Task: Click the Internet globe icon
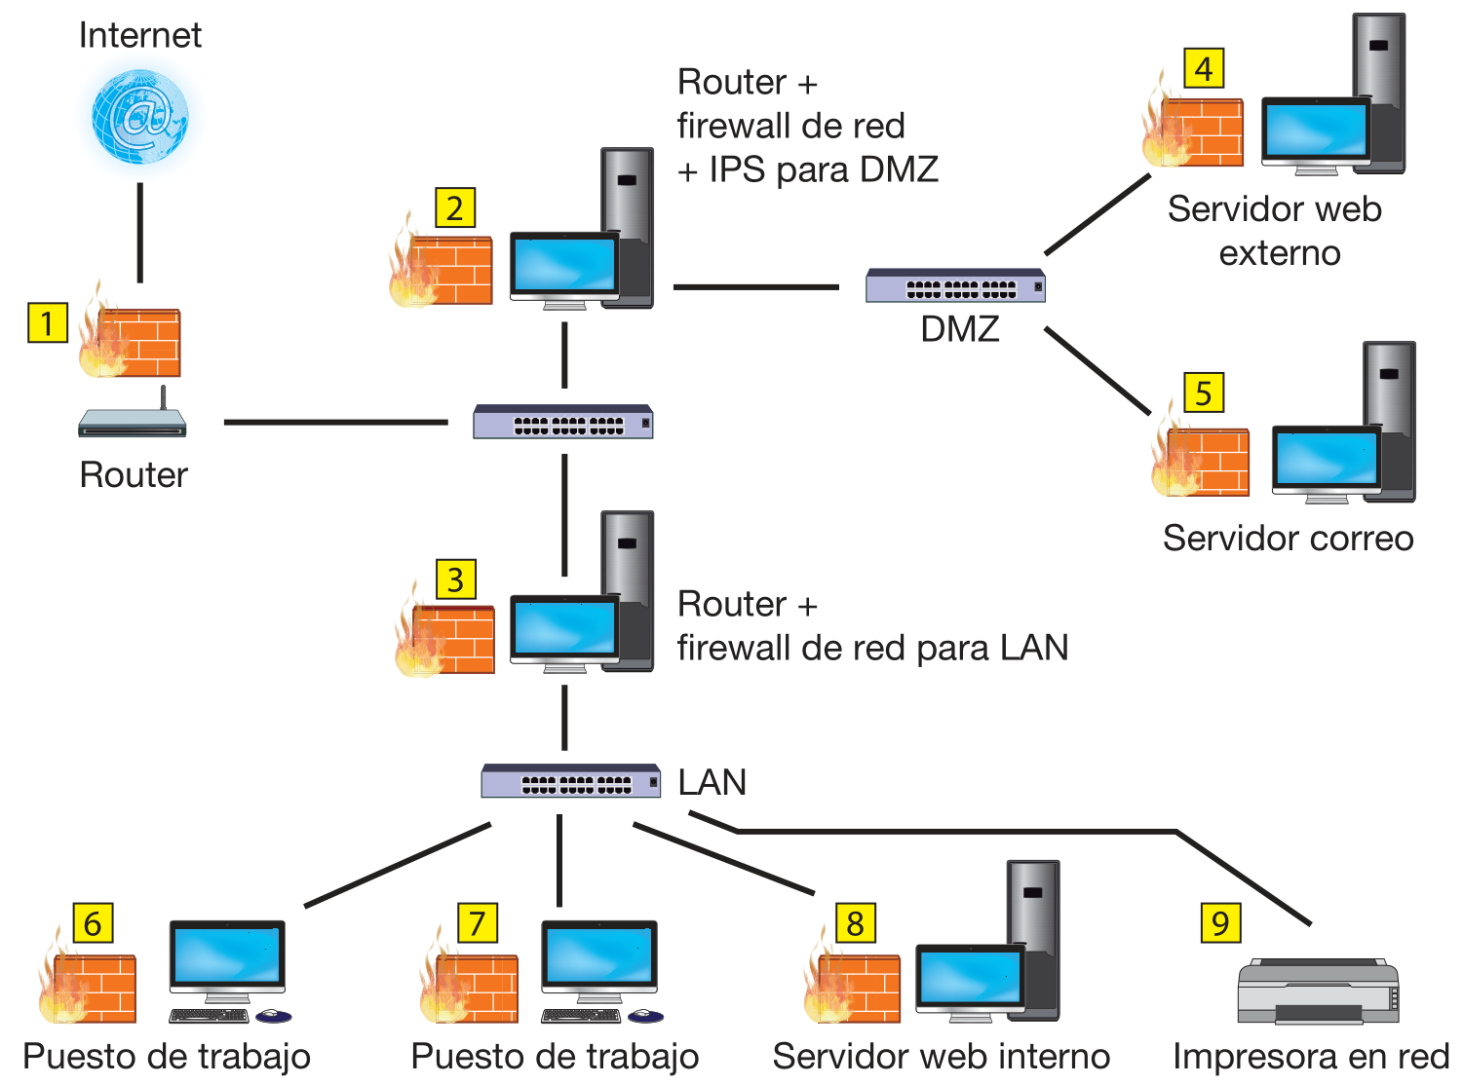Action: [x=139, y=117]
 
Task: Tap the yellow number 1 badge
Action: [x=47, y=322]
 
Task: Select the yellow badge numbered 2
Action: [x=454, y=207]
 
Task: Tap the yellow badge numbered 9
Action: [x=1220, y=923]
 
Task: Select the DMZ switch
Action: [x=955, y=285]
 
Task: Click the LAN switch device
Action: [x=571, y=781]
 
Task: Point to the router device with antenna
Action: [x=133, y=420]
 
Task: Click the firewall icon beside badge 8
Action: [x=855, y=985]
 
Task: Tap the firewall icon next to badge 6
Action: [x=90, y=985]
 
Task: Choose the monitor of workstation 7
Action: [x=598, y=957]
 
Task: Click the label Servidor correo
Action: [x=1288, y=538]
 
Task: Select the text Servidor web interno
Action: [x=941, y=1057]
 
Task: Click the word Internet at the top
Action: [x=139, y=36]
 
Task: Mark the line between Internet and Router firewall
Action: [x=140, y=232]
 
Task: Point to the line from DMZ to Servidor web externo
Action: [x=1097, y=214]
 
